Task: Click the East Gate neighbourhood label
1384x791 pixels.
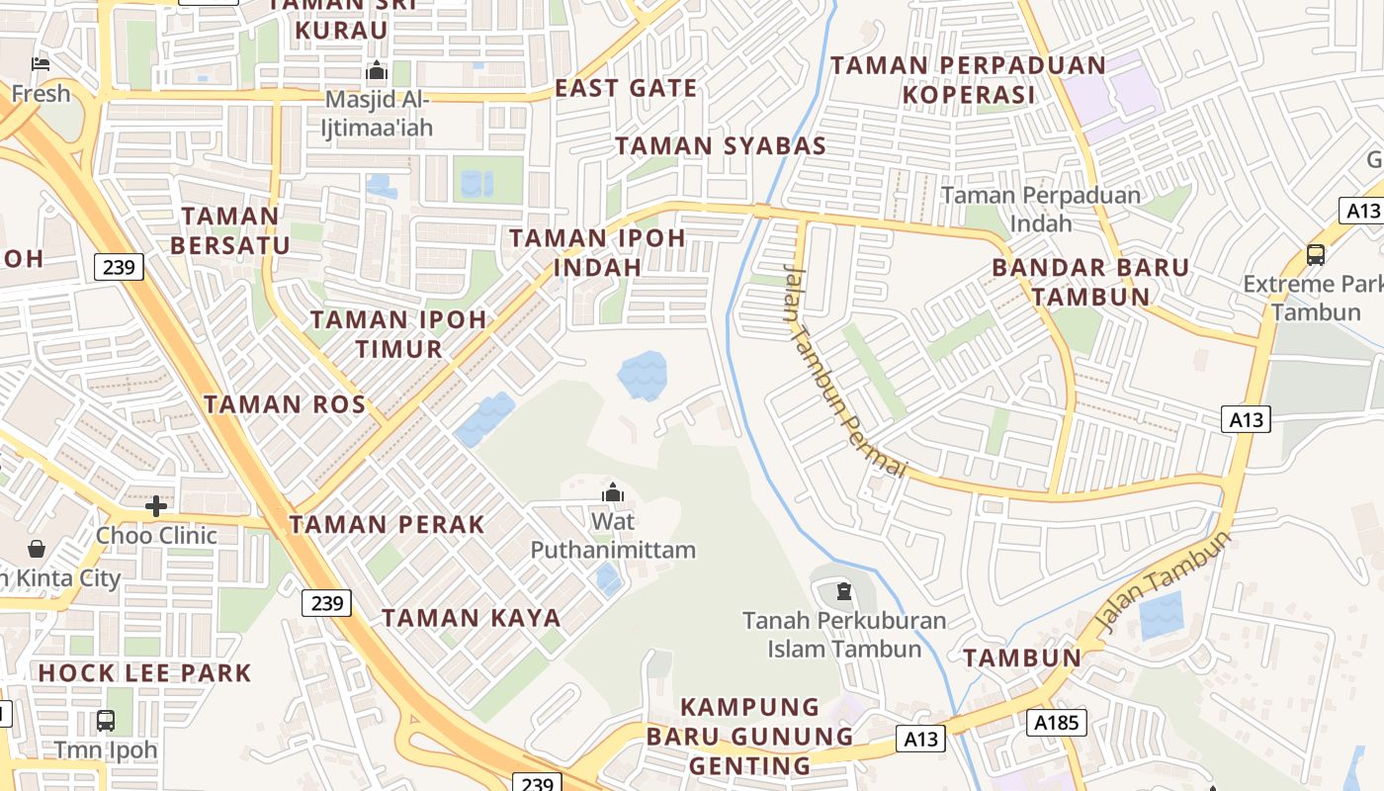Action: [x=626, y=88]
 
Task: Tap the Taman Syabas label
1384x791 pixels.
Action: [x=721, y=146]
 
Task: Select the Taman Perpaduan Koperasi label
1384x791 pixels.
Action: [x=968, y=80]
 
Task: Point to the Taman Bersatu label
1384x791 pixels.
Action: [x=231, y=230]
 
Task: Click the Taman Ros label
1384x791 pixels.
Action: [x=285, y=403]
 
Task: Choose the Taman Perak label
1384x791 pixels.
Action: [x=388, y=524]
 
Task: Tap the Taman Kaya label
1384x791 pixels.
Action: [x=472, y=618]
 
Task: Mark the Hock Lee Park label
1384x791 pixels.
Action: [x=145, y=673]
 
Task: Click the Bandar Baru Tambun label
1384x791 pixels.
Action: [x=1090, y=282]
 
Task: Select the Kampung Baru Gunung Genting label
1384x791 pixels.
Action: [x=750, y=737]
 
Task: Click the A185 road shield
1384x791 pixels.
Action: [x=1056, y=723]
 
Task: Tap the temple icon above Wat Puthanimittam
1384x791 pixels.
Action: [x=613, y=491]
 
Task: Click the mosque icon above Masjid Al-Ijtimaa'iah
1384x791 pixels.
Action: [x=376, y=71]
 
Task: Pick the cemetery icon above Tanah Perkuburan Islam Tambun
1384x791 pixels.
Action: [x=843, y=592]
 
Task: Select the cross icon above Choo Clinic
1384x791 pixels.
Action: [x=156, y=507]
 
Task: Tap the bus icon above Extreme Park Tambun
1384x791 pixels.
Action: [x=1316, y=255]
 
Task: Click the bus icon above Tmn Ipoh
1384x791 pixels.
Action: [x=106, y=721]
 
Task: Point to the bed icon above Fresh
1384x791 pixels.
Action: [x=41, y=64]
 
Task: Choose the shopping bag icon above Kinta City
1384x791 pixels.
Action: [x=37, y=549]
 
